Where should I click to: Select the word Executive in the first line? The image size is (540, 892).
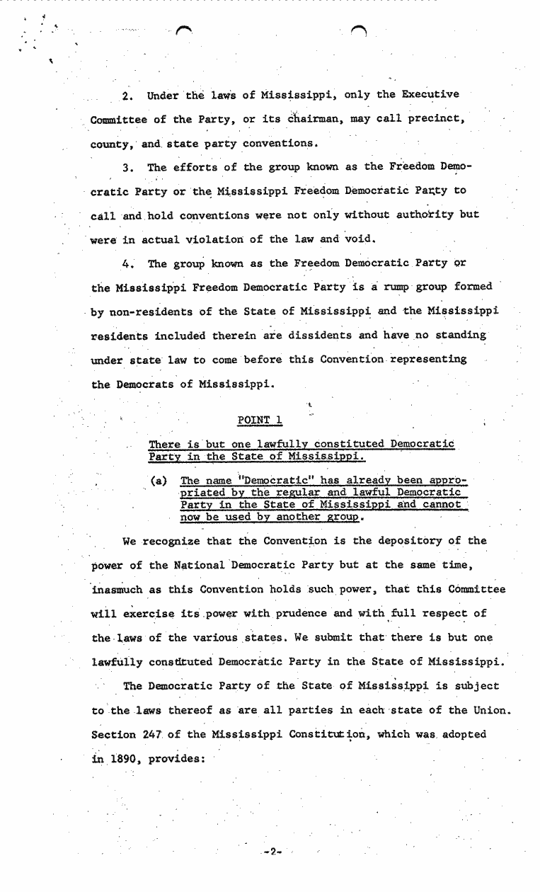pos(431,94)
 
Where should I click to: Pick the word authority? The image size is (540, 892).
pos(419,215)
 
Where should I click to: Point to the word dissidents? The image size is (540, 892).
pos(314,335)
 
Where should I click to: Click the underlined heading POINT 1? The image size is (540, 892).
pos(260,420)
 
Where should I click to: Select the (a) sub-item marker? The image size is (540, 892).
pos(159,481)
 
